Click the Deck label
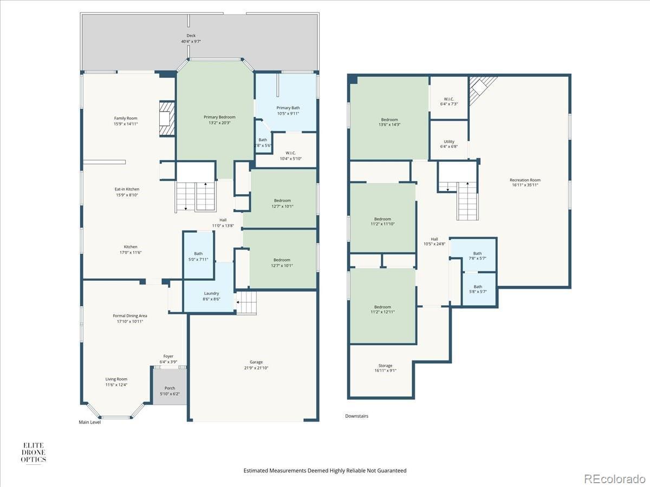[191, 36]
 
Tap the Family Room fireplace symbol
[166, 119]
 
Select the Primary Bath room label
[288, 108]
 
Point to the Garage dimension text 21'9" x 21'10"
[256, 368]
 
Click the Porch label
[170, 388]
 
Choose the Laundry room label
[211, 293]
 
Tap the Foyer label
[168, 356]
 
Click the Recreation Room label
[525, 180]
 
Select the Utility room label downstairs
[449, 141]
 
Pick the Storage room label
[385, 365]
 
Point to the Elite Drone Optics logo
[33, 453]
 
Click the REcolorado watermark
[614, 478]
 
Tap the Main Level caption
[90, 422]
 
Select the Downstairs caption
[357, 416]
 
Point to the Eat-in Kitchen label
[127, 189]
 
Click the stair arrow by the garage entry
[242, 302]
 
